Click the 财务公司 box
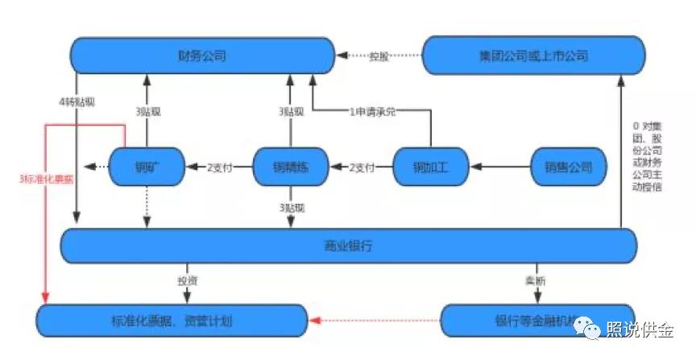201,56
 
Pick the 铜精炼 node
292,168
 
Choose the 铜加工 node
431,168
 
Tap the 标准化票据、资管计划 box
172,321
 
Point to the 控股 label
379,56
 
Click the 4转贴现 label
77,102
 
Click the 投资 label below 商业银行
188,281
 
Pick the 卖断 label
532,281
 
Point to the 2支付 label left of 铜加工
362,168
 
